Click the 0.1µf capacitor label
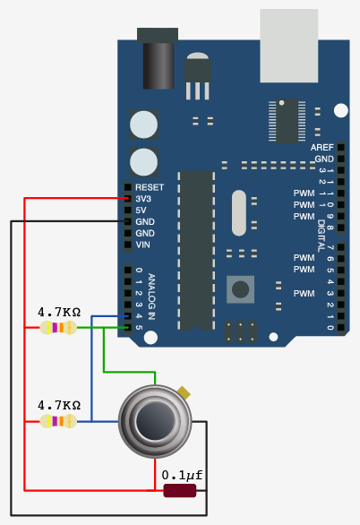pos(182,476)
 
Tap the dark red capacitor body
pos(180,491)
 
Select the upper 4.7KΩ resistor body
pos(58,328)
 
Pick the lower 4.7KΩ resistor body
pos(58,421)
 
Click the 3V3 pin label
pos(143,199)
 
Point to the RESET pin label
pos(150,187)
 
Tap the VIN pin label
pos(143,245)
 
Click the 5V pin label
pos(141,211)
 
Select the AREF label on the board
pos(321,147)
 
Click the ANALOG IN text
pos(151,297)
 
